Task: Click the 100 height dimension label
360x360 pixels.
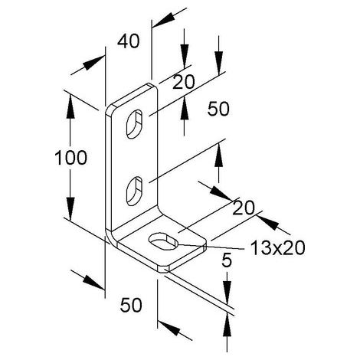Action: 70,158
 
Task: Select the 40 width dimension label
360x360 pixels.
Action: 129,41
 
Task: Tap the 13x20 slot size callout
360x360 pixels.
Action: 278,248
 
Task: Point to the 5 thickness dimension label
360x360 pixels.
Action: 227,260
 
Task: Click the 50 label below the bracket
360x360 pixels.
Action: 131,305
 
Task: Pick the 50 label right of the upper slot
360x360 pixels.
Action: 218,109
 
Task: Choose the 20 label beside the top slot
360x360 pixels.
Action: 184,82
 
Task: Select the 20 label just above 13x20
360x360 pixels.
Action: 244,208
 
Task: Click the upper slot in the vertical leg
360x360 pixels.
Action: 135,124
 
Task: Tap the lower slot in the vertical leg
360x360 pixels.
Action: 135,191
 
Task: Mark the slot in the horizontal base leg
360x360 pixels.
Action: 163,241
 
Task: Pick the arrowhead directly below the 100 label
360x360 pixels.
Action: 70,209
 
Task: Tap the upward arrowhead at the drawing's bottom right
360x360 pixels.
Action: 227,325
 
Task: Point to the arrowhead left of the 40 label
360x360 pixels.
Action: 93,63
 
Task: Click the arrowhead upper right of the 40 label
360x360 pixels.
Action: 164,19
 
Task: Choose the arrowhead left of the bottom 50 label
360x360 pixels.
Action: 93,283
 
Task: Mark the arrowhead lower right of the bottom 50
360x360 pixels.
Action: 169,328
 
